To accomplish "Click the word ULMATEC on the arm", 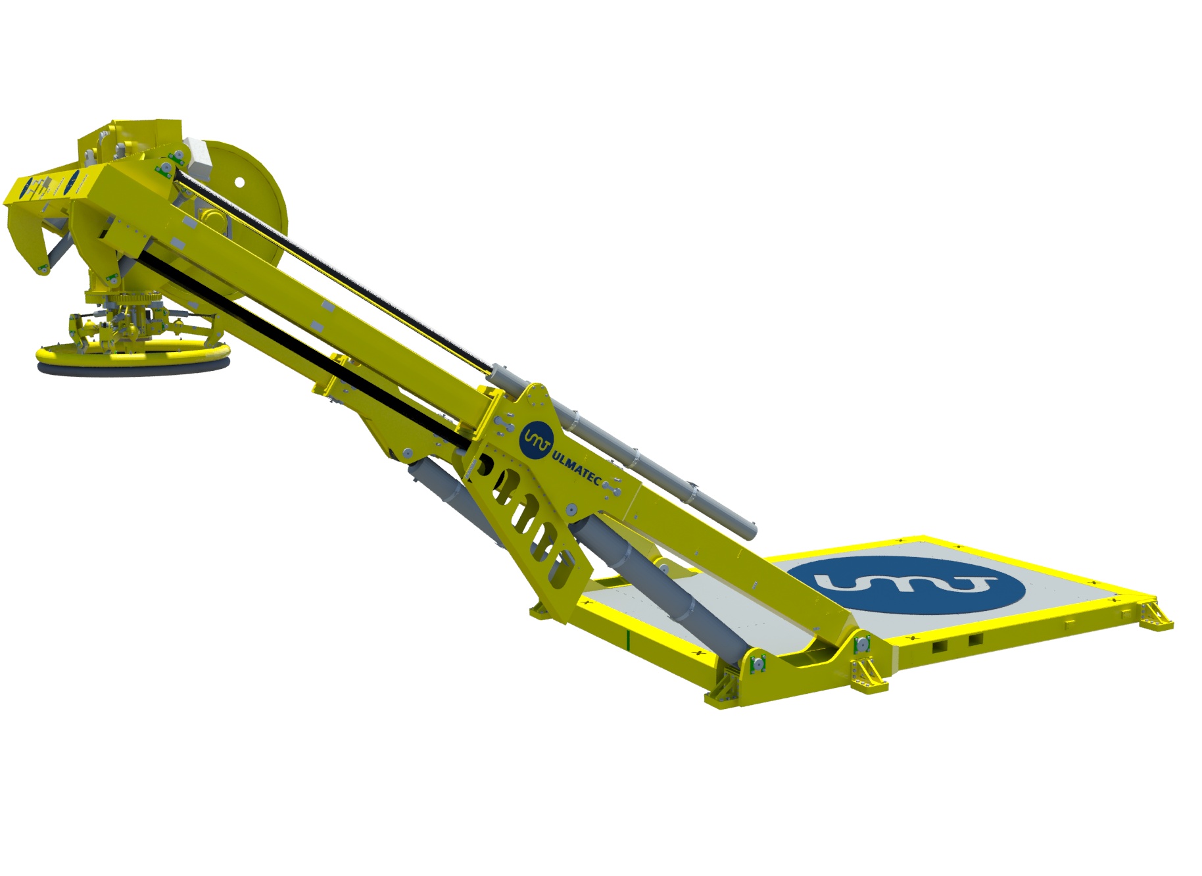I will click(577, 466).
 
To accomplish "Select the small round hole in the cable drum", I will click(239, 181).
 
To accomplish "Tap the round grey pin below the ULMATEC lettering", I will click(571, 509).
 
